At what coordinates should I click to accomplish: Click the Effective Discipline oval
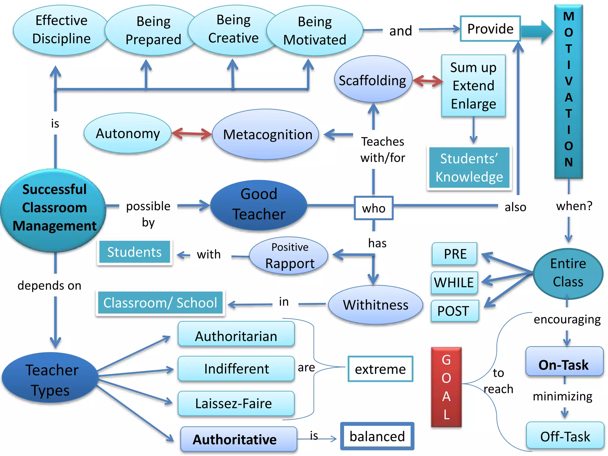point(61,30)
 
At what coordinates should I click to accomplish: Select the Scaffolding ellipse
point(373,80)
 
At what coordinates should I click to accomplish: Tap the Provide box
point(490,29)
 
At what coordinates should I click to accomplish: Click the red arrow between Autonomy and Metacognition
point(191,134)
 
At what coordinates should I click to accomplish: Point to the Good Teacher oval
point(259,205)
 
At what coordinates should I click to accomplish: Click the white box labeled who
point(373,208)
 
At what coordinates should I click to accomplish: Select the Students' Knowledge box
point(469,168)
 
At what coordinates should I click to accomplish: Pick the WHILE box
point(454,282)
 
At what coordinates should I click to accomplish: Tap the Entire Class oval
point(568,273)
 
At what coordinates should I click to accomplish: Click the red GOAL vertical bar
point(446,387)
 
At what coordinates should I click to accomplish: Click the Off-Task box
point(565,436)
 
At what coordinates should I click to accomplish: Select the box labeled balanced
point(377,436)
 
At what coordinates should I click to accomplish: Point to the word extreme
point(380,369)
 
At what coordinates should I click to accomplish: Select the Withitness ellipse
point(376,305)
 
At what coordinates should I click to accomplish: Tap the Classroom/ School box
point(160,303)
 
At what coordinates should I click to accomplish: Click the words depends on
point(49,285)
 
